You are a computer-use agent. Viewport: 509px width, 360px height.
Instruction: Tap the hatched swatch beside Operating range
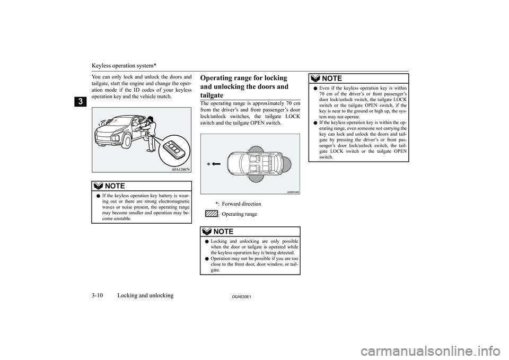210,214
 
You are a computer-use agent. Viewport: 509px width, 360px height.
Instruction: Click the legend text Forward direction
241,204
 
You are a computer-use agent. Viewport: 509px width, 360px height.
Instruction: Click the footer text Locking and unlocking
145,295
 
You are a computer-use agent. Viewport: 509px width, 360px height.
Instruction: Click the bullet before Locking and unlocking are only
206,241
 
